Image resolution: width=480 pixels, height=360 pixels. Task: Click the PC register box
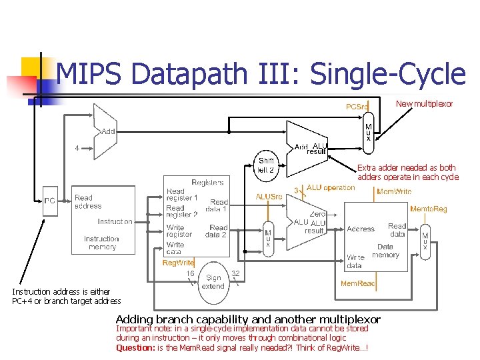[50, 200]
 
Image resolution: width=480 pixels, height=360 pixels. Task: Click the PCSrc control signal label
[356, 107]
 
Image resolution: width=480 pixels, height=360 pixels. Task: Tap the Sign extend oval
[213, 282]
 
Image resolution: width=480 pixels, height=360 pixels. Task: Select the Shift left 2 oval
[267, 165]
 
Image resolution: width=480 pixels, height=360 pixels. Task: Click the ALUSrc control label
[270, 196]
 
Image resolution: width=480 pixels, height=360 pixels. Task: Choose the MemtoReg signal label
[428, 209]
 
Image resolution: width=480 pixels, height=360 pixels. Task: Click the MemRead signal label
[357, 283]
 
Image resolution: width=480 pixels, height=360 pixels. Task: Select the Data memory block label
[385, 251]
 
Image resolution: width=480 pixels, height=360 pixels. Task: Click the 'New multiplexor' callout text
[424, 103]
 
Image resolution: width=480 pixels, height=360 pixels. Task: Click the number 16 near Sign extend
[190, 273]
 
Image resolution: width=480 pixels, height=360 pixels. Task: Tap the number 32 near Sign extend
[235, 273]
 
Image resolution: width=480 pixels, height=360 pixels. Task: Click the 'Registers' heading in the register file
[207, 182]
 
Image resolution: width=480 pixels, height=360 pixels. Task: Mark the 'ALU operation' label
[331, 188]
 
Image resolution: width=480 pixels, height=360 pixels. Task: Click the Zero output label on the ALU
[317, 214]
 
